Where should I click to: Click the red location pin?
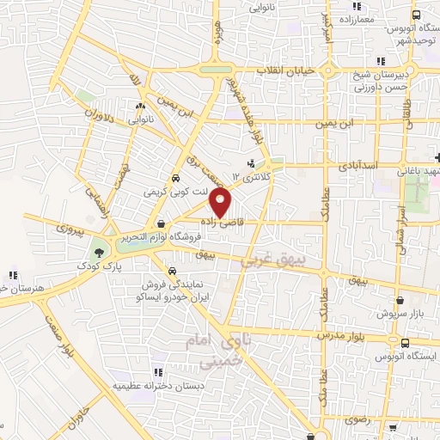(x=222, y=204)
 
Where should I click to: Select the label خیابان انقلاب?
(x=286, y=70)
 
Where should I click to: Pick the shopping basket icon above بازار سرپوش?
(x=400, y=302)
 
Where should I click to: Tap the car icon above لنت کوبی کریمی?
(x=174, y=178)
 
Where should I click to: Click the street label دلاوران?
(x=98, y=118)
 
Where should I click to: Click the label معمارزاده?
(x=353, y=18)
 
